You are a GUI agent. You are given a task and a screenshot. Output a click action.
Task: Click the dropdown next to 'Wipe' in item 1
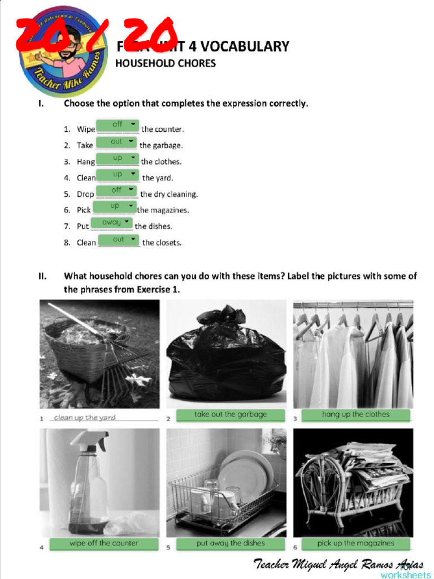118,124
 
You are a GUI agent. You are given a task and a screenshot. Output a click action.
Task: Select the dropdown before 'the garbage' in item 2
116,141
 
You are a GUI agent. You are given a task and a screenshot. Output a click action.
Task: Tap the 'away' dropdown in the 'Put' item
112,223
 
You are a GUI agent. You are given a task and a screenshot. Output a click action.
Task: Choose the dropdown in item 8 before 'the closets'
119,240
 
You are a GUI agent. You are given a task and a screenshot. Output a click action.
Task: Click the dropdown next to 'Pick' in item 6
115,206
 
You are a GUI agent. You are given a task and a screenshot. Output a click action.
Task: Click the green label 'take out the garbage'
230,414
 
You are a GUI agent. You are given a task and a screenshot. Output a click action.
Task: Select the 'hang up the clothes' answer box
355,414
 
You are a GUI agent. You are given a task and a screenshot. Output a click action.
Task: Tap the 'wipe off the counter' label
104,543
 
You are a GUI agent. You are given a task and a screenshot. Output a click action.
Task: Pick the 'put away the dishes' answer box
230,543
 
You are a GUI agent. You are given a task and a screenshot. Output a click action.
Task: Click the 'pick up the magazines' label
355,543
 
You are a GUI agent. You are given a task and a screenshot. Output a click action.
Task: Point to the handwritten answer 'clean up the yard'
85,418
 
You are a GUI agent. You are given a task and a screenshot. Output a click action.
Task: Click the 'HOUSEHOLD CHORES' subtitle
166,63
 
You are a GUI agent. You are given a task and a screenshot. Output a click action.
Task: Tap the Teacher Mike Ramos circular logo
63,52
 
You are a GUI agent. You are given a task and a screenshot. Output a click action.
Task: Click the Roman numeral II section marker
42,276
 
